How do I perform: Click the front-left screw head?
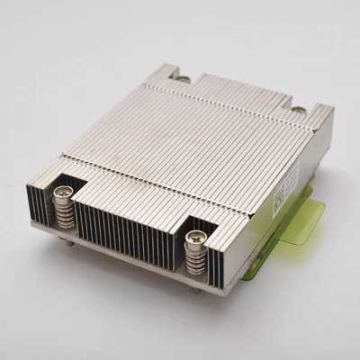tap(65, 191)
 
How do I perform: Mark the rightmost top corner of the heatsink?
tap(332, 110)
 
